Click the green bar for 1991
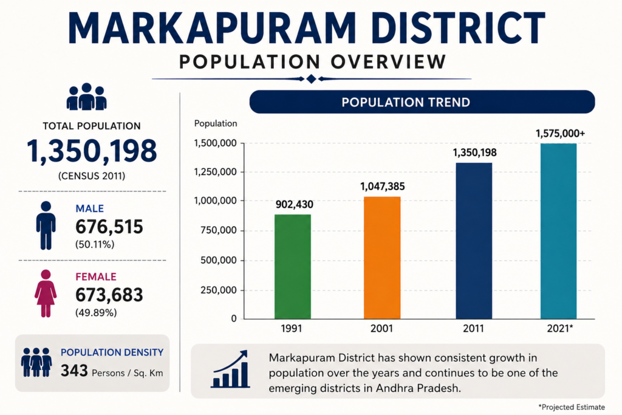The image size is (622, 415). [x=293, y=267]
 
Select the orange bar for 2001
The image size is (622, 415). [x=382, y=258]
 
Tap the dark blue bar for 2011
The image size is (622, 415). [x=474, y=241]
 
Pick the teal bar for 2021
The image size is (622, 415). [x=559, y=232]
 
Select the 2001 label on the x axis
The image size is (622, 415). [x=381, y=329]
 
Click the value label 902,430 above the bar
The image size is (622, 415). [x=295, y=205]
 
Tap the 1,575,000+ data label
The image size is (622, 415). [x=560, y=134]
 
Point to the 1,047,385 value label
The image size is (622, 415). [x=383, y=187]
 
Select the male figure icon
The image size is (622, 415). [x=46, y=225]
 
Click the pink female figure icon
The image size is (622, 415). [x=46, y=293]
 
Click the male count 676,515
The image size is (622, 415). [x=109, y=227]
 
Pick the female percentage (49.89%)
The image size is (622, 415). [x=96, y=313]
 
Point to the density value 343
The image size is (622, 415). [x=74, y=371]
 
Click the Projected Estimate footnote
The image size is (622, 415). [x=572, y=407]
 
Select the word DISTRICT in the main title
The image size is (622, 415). [x=460, y=28]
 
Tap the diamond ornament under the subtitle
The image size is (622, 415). [x=312, y=79]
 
